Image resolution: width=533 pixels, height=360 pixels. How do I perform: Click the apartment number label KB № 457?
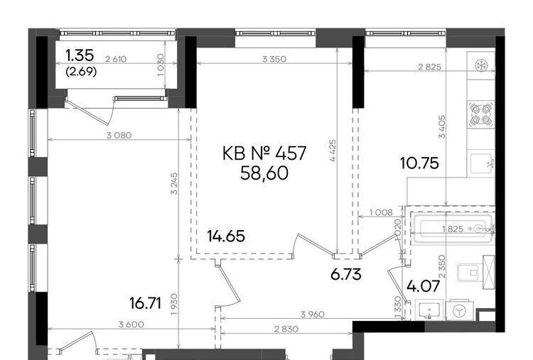pos(264,153)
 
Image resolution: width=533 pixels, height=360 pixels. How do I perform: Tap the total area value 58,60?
pos(264,173)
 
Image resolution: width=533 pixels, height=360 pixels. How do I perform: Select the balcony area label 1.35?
pos(80,55)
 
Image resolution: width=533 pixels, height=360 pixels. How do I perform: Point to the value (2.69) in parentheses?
pos(81,72)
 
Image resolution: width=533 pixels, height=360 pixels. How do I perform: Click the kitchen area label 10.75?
pos(419,163)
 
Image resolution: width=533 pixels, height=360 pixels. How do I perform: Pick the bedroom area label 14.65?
pos(226,236)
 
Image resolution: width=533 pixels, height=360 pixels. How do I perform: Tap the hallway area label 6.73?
pos(345,274)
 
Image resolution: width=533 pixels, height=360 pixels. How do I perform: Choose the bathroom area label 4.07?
pos(424,286)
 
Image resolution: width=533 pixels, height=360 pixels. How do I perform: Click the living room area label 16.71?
pos(146,303)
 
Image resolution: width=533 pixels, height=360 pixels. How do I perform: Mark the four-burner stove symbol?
pos(481,114)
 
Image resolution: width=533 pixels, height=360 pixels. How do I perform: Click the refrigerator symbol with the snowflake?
pos(481,65)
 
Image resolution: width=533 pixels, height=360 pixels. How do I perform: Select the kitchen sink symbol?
pos(483,164)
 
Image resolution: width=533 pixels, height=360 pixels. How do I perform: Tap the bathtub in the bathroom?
pos(453,229)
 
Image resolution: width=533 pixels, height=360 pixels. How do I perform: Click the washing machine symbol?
pos(459,310)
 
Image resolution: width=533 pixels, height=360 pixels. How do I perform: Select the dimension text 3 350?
pos(274,59)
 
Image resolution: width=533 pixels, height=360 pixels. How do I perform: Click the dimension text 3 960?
pos(313,315)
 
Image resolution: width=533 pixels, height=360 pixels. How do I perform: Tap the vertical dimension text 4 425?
pos(333,150)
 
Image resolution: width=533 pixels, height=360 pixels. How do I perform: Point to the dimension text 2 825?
pos(430,67)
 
